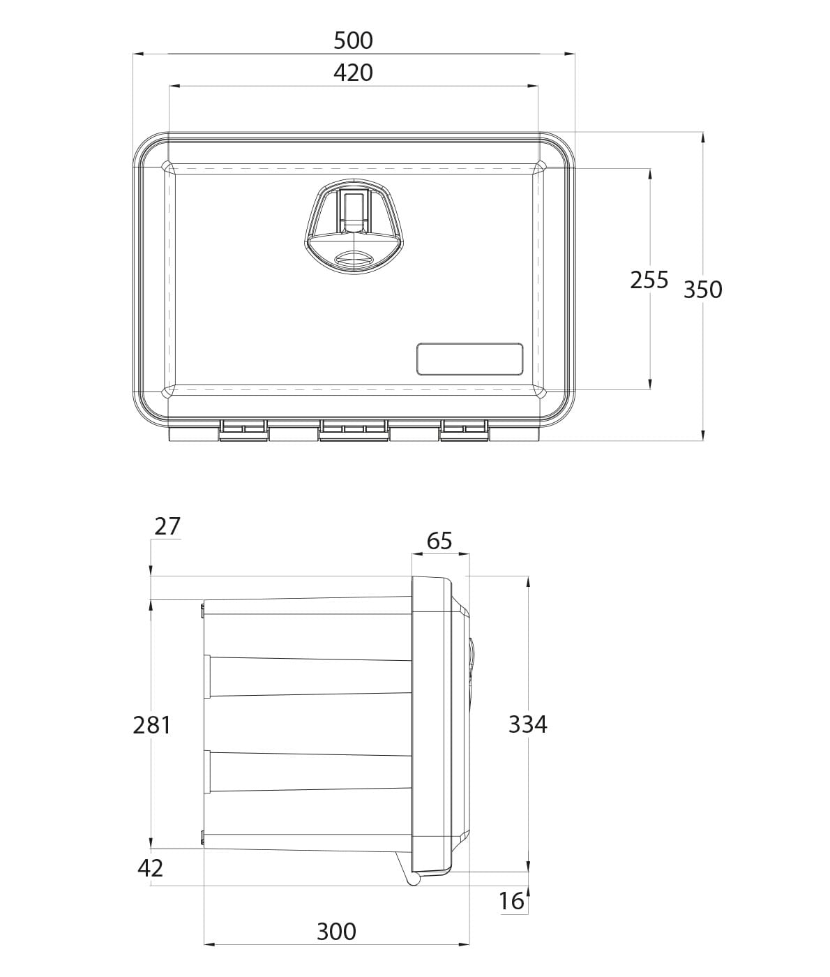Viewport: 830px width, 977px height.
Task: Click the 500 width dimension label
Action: pyautogui.click(x=353, y=40)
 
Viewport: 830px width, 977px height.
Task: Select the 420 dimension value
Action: pyautogui.click(x=353, y=73)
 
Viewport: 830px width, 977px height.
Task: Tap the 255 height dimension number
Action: pyautogui.click(x=649, y=280)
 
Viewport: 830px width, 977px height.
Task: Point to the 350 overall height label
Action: pyautogui.click(x=703, y=290)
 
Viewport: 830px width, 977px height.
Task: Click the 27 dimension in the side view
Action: pyautogui.click(x=167, y=527)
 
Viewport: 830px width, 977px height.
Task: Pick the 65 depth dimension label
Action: pyautogui.click(x=439, y=542)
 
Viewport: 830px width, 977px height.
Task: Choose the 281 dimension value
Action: pyautogui.click(x=151, y=725)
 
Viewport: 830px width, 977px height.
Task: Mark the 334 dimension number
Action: pyautogui.click(x=528, y=724)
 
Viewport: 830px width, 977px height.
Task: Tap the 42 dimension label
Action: pyautogui.click(x=151, y=868)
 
